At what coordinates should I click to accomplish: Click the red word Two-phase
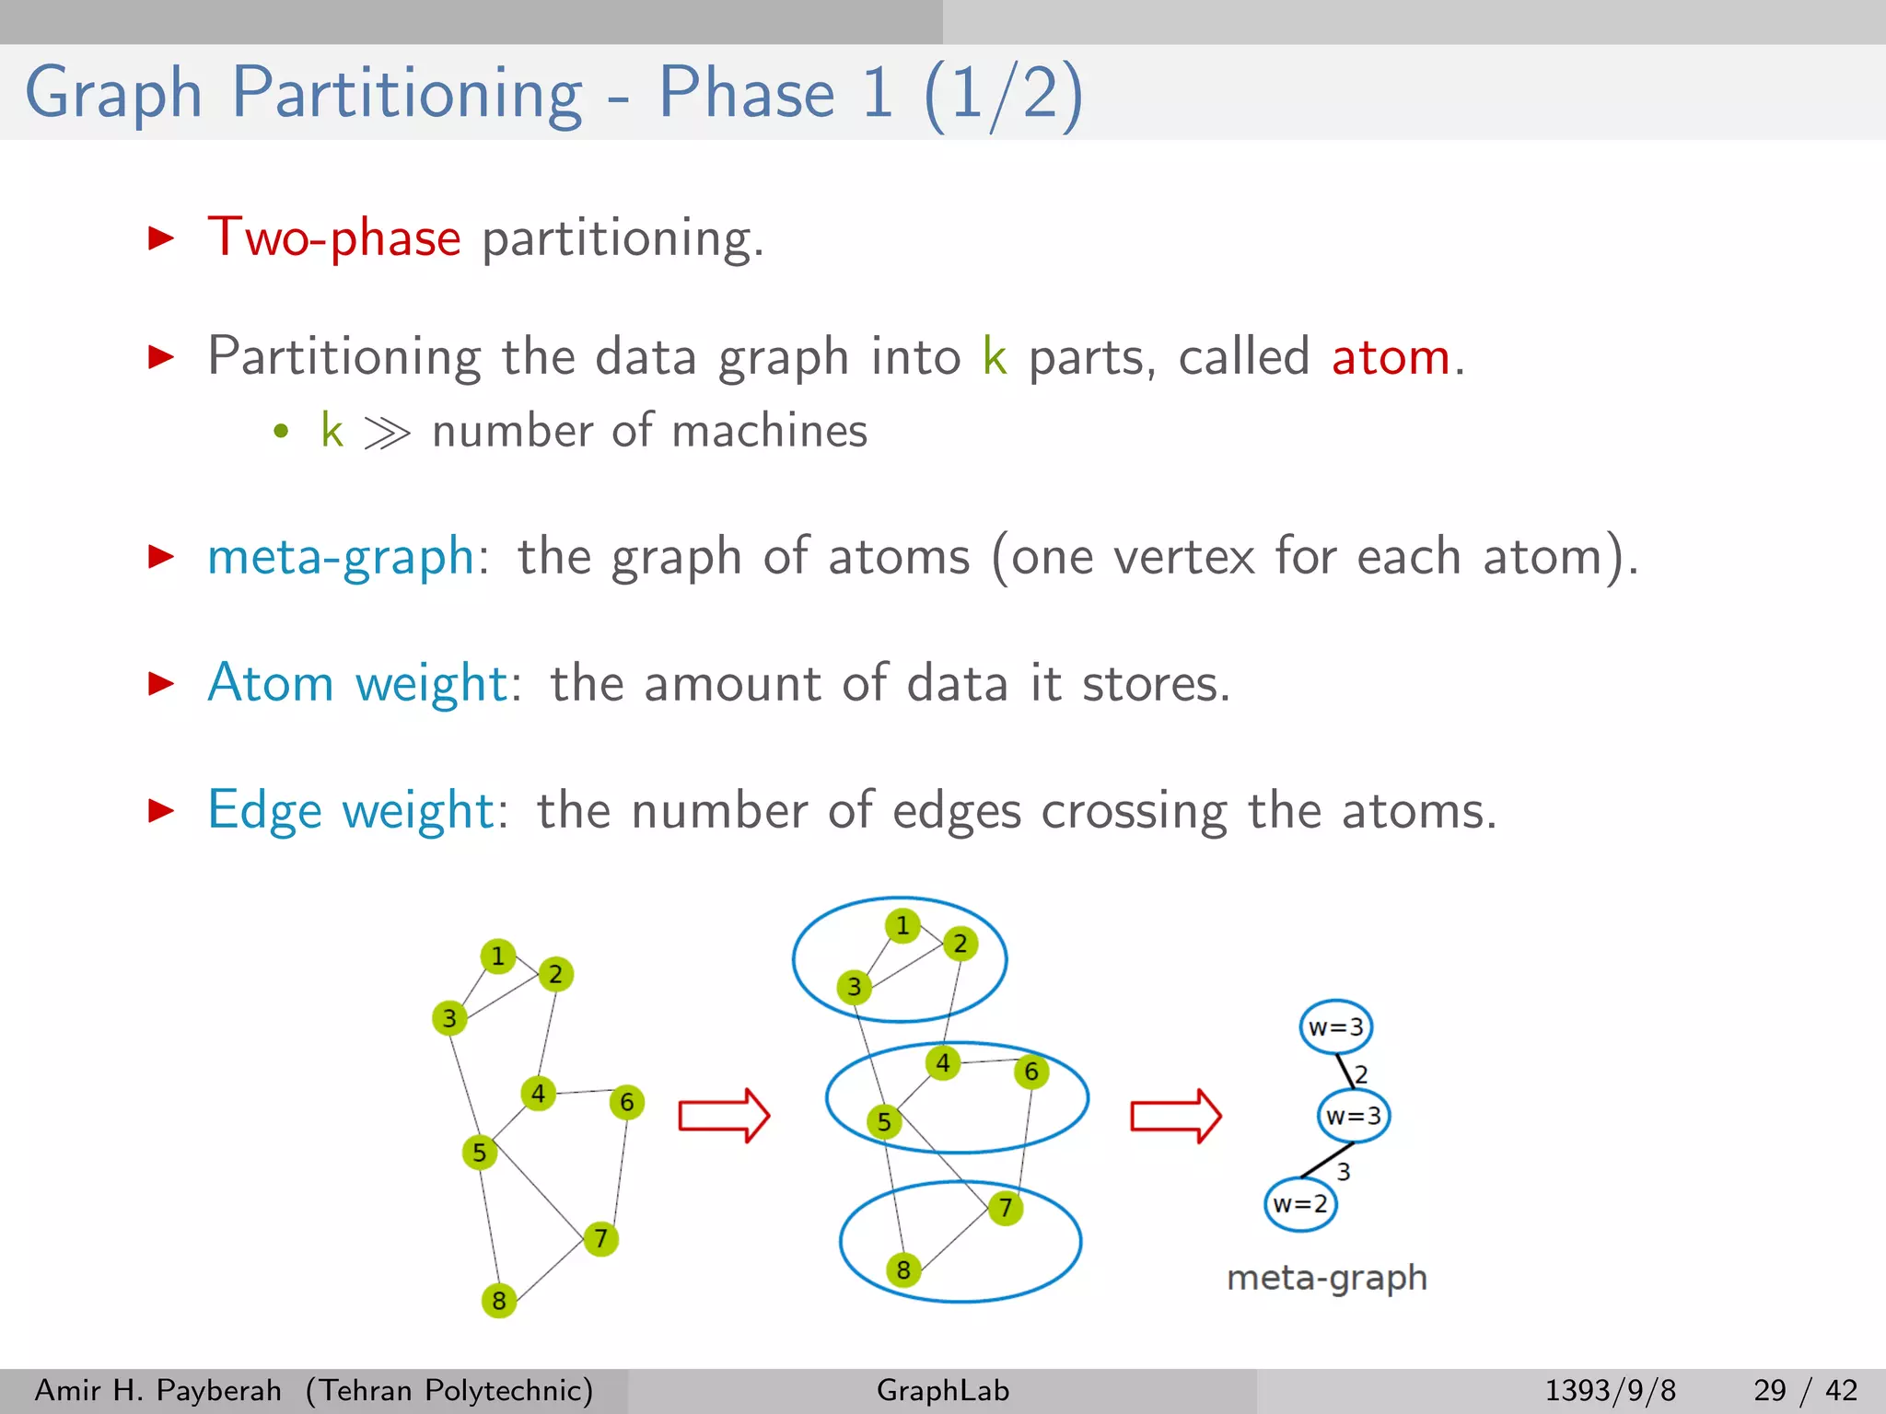click(333, 238)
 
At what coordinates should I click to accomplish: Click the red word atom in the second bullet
click(1391, 356)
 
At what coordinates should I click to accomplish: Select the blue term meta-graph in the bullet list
click(341, 557)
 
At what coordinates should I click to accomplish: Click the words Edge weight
click(351, 811)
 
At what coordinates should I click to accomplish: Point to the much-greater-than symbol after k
click(387, 432)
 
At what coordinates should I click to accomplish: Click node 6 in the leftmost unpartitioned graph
click(627, 1102)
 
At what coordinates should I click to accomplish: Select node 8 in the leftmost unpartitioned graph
click(499, 1300)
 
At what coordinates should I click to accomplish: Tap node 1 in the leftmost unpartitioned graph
click(498, 956)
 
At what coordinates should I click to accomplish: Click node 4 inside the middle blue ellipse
click(943, 1063)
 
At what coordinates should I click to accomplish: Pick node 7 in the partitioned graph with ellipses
click(1006, 1207)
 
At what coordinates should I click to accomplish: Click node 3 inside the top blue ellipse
click(855, 987)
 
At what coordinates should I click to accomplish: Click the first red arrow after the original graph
click(724, 1116)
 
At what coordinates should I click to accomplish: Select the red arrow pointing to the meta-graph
click(1176, 1116)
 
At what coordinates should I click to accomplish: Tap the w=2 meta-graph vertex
click(1300, 1203)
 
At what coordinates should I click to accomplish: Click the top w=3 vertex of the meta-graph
click(1336, 1027)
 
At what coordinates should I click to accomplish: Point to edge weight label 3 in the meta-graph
click(1344, 1171)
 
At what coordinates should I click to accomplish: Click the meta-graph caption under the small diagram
click(1327, 1278)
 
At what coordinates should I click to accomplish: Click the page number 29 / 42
click(1805, 1390)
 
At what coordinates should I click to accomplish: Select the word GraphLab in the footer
click(943, 1390)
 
